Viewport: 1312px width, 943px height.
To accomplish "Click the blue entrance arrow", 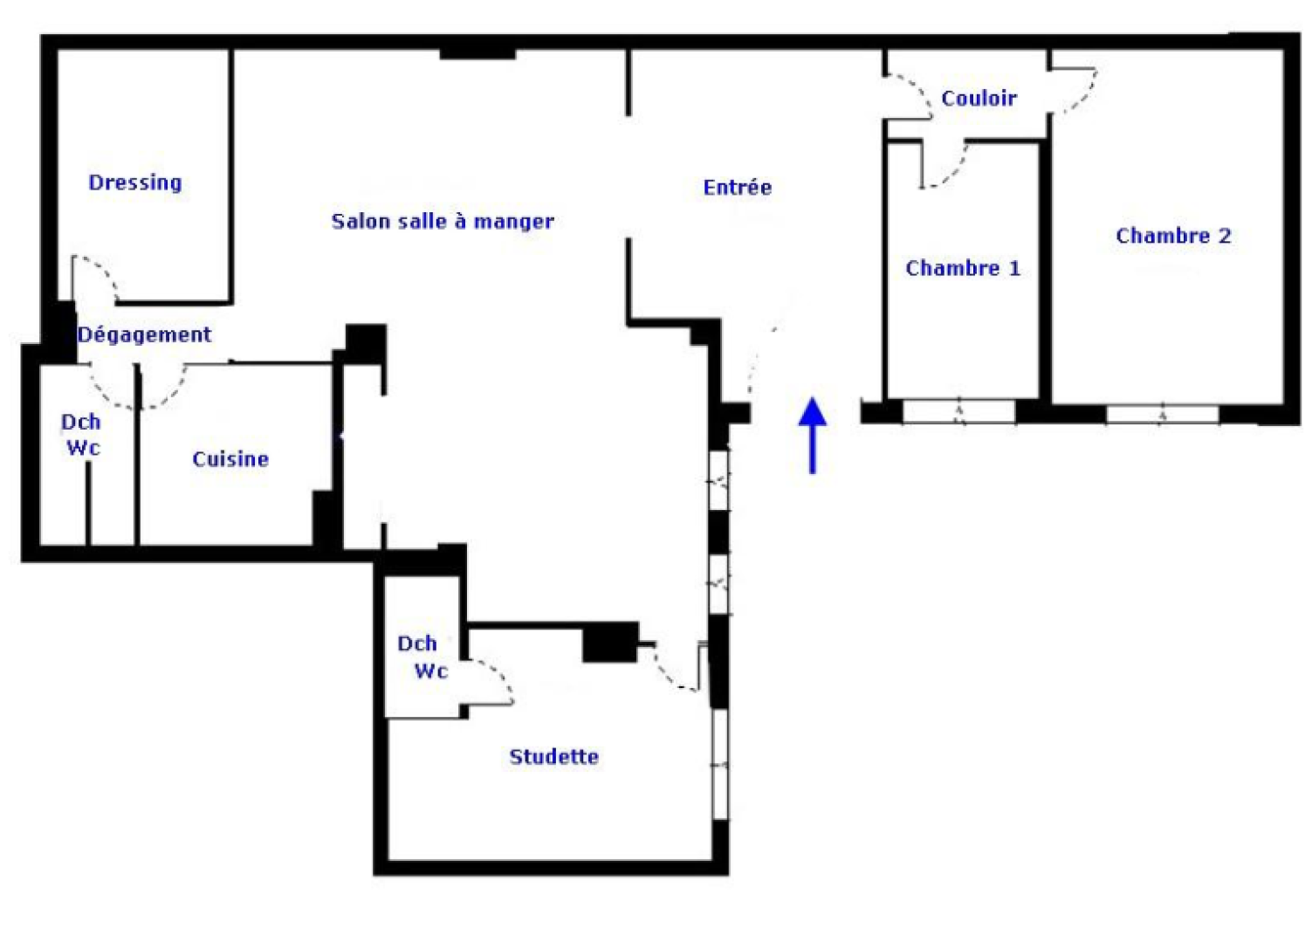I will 813,435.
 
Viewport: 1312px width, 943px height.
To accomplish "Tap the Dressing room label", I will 135,182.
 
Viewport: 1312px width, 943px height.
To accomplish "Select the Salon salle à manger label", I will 443,221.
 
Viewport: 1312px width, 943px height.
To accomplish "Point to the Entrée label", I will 738,187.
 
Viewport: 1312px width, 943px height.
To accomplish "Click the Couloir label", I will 979,98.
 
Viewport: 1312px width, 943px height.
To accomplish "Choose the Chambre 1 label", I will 963,268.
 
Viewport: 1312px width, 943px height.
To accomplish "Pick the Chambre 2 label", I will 1173,236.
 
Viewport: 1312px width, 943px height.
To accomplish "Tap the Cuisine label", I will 230,459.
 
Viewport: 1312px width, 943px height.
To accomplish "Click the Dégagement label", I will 144,334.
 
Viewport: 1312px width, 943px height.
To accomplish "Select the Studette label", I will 554,757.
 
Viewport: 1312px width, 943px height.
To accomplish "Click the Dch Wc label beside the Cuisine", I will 82,435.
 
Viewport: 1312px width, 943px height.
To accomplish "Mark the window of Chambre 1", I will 958,411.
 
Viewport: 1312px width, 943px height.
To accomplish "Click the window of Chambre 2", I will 1162,414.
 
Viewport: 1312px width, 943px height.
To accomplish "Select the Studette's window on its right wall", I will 720,764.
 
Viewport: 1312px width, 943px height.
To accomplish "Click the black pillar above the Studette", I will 610,643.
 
